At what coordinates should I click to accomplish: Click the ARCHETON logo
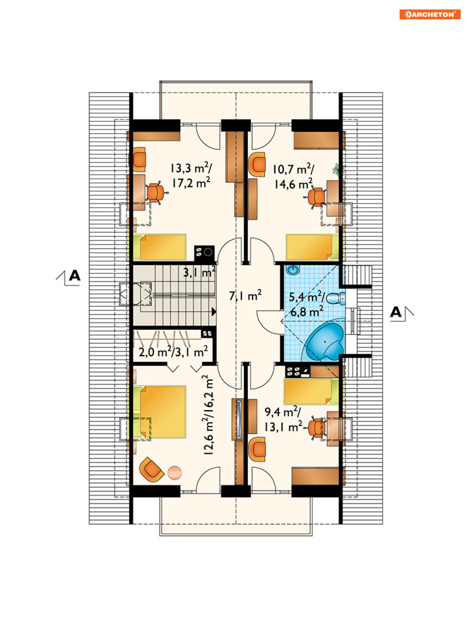pos(429,14)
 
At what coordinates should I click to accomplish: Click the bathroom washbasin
pos(293,270)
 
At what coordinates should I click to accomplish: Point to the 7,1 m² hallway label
pos(245,295)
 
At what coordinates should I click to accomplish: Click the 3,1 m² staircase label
pos(199,272)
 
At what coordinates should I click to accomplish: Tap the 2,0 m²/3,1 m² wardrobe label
pos(173,351)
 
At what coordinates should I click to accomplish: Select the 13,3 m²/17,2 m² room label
pos(191,176)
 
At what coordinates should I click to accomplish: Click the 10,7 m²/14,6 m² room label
pos(293,177)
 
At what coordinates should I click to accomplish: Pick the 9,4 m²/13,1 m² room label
pos(283,420)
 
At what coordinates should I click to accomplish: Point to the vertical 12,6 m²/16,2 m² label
pos(208,415)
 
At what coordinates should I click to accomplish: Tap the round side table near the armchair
pos(174,473)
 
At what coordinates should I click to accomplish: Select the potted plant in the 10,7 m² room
pos(339,170)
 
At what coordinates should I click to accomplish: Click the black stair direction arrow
pos(214,311)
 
